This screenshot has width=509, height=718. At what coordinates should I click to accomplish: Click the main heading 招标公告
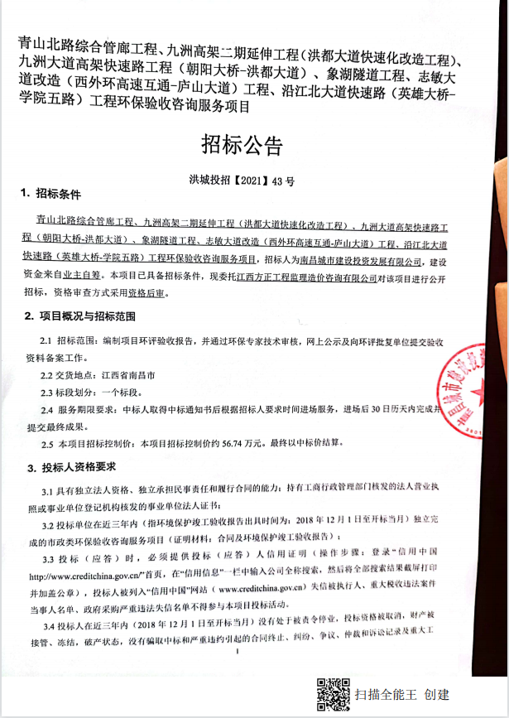[242, 145]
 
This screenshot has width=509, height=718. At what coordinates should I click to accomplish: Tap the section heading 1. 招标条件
[51, 193]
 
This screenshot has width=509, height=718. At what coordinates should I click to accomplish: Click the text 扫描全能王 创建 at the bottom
[403, 695]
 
